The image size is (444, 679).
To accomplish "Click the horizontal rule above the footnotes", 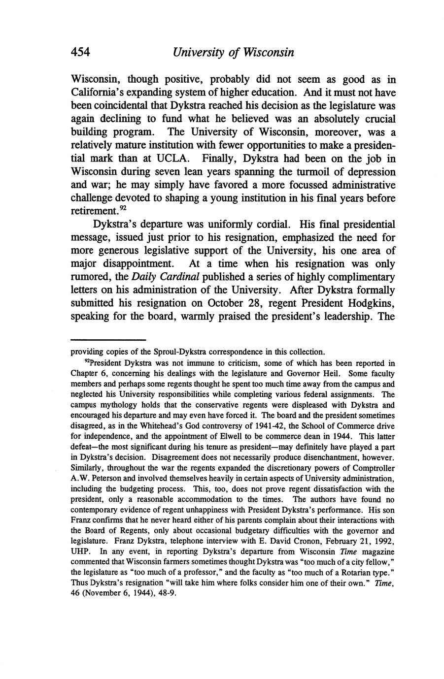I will [108, 340].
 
